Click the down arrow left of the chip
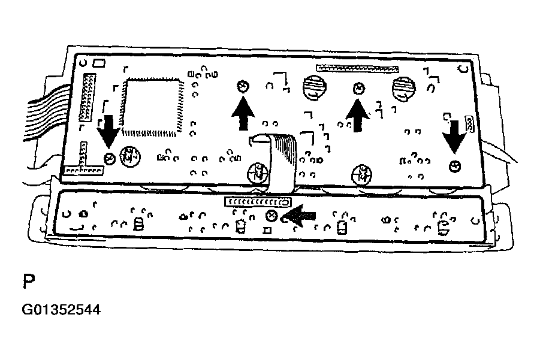click(108, 130)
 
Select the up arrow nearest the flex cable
click(242, 113)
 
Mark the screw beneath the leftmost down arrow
click(109, 158)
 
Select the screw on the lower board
click(271, 216)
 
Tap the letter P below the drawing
click(28, 282)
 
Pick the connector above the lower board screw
click(258, 202)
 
